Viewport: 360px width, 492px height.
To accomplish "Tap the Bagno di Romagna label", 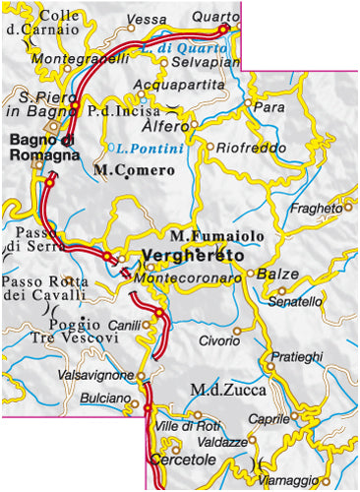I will [44, 141].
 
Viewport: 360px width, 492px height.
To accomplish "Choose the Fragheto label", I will [317, 209].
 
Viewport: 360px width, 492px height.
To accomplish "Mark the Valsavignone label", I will [96, 376].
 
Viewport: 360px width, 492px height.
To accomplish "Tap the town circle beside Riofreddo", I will [210, 148].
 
